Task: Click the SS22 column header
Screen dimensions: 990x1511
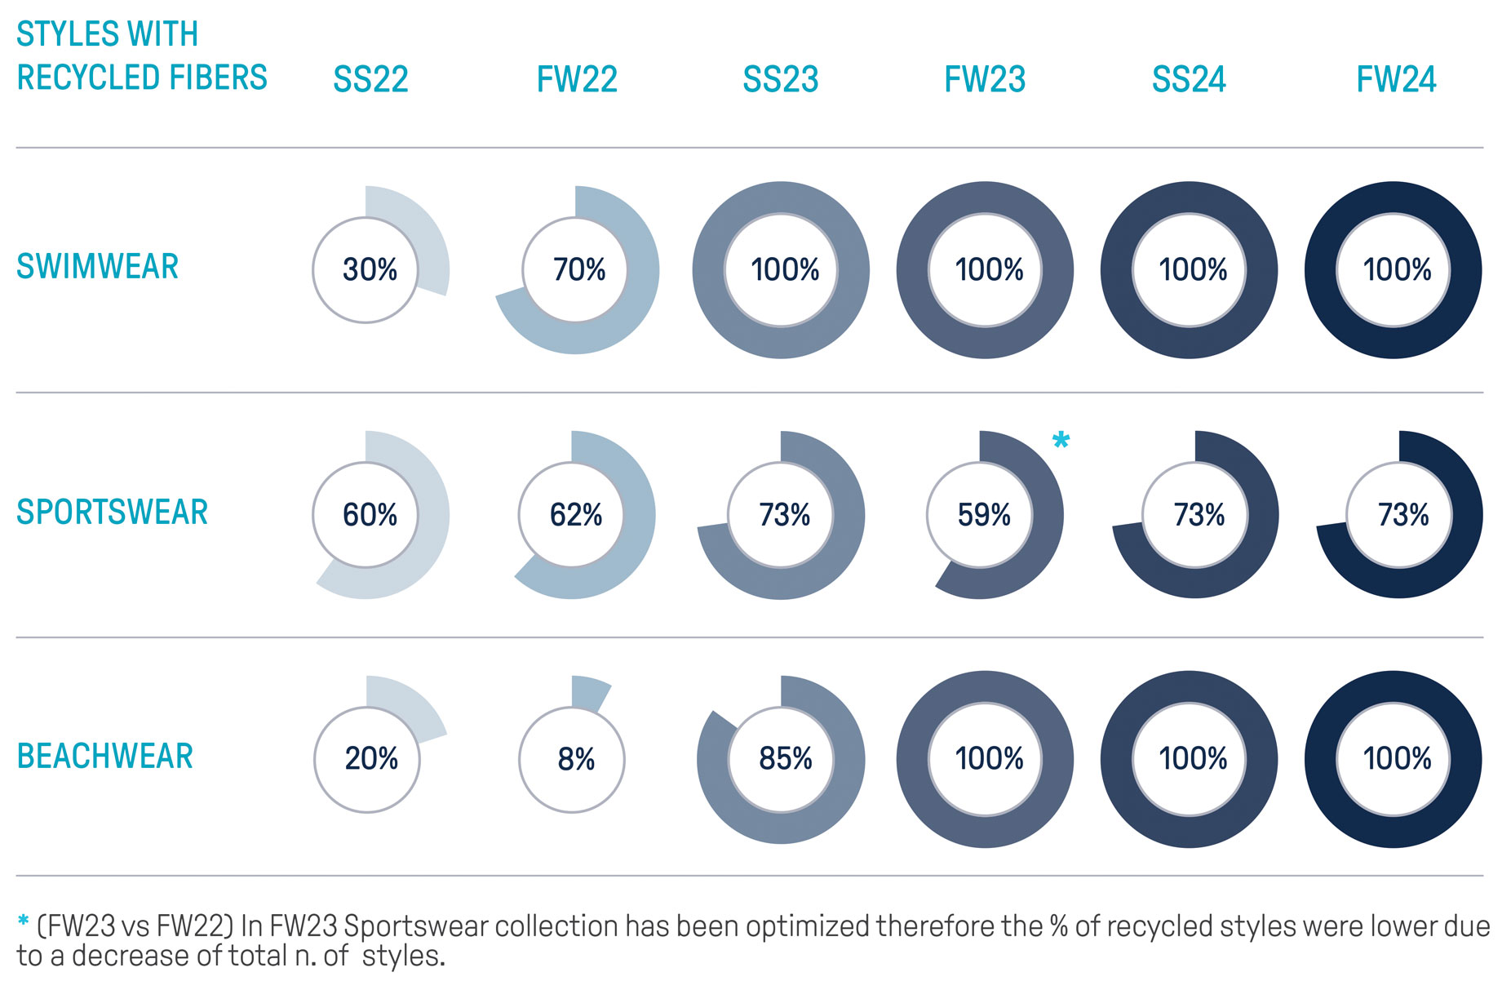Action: [x=370, y=79]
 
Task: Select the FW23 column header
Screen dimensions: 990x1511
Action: [x=985, y=79]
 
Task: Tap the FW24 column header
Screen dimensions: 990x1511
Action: [x=1396, y=79]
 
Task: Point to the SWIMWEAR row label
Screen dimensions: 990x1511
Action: [x=97, y=267]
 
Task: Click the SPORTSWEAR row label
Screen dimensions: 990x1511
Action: [x=112, y=512]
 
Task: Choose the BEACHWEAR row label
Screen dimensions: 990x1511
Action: [x=104, y=757]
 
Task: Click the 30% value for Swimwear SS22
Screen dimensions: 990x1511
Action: [x=370, y=269]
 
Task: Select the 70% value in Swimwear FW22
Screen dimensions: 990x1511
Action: [x=578, y=269]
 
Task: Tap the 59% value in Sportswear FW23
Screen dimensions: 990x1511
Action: [x=983, y=515]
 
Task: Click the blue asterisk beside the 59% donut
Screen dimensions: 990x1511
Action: [x=1061, y=441]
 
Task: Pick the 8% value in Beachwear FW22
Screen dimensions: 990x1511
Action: [x=575, y=759]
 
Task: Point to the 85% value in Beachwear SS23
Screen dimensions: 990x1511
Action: [x=785, y=758]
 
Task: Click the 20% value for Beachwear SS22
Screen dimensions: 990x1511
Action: [x=371, y=758]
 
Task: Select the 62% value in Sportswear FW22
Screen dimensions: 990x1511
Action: [x=575, y=515]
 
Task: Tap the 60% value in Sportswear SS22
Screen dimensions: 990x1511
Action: [x=370, y=515]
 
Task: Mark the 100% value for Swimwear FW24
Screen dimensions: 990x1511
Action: [x=1397, y=269]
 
